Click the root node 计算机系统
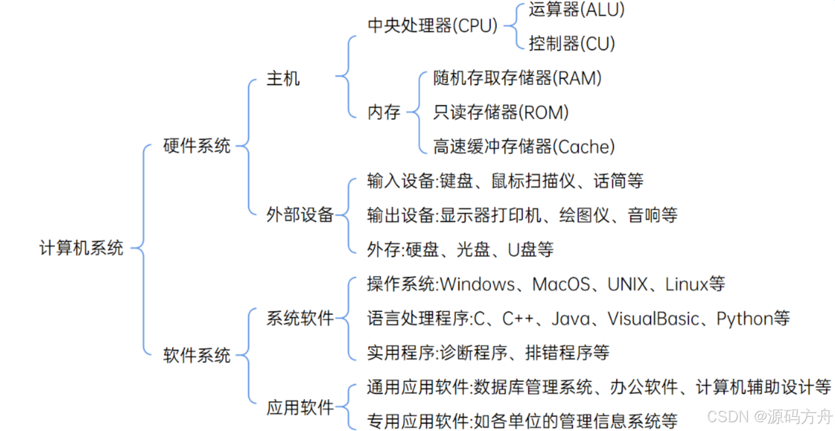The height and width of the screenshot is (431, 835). click(x=81, y=248)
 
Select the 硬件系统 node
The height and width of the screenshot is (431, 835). click(x=197, y=146)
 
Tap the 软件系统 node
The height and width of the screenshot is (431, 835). click(x=197, y=355)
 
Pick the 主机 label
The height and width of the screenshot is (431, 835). click(x=283, y=79)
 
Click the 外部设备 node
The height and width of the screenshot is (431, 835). click(x=300, y=215)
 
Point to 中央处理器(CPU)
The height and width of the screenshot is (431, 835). click(x=432, y=25)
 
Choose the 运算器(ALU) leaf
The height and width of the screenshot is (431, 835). click(x=576, y=9)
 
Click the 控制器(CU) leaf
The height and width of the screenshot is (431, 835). click(x=571, y=43)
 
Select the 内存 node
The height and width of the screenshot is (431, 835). click(x=384, y=112)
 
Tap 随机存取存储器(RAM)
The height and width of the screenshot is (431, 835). click(x=517, y=78)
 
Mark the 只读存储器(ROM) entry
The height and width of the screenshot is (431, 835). click(x=500, y=112)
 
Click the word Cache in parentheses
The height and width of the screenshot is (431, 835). click(x=586, y=147)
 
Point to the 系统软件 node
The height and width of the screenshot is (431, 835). click(x=300, y=318)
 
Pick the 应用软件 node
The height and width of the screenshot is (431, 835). click(x=300, y=407)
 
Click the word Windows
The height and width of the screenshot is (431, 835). click(x=477, y=284)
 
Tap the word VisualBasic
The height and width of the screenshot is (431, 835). click(x=653, y=319)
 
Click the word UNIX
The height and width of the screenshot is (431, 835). click(x=627, y=284)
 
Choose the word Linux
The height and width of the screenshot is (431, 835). click(x=686, y=284)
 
